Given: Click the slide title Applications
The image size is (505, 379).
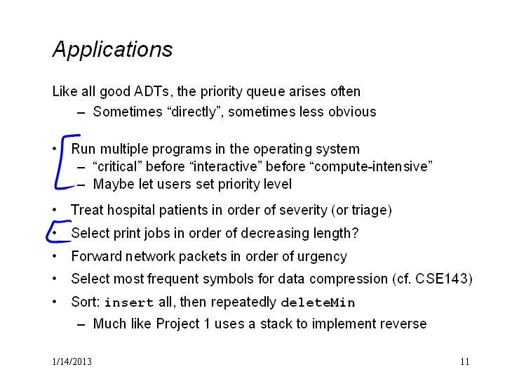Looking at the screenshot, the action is tap(112, 50).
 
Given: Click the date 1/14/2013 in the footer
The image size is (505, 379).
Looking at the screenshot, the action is tap(72, 361).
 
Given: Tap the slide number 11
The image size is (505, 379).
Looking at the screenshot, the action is tap(465, 361).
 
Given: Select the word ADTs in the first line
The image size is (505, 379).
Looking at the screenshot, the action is tap(151, 91).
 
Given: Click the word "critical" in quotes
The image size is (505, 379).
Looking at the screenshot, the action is tap(117, 166).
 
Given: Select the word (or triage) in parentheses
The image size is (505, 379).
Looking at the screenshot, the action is tap(361, 210).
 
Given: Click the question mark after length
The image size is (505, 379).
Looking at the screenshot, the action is tap(355, 233).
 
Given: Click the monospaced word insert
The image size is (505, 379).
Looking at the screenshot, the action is tap(129, 302).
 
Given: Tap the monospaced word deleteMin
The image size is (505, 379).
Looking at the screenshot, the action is tap(318, 302).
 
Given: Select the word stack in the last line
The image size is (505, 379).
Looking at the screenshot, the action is tap(276, 324).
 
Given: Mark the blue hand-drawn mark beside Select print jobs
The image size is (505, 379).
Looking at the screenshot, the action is tap(48, 232).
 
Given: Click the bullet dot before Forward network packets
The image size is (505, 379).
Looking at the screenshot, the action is tap(55, 256).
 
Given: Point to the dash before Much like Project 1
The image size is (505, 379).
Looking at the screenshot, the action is tap(81, 324).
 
